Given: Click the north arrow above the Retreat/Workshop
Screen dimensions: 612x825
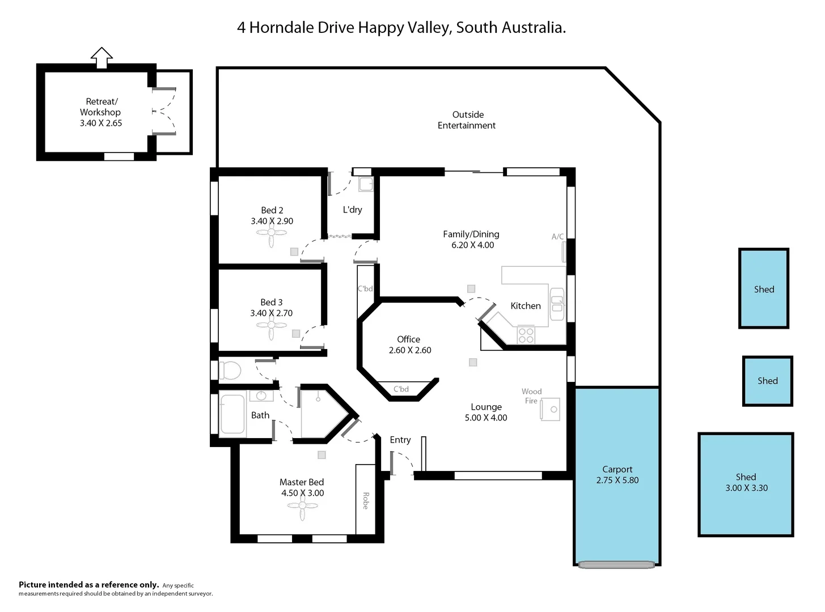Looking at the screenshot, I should pyautogui.click(x=101, y=58).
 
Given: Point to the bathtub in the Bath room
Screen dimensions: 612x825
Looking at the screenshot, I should pyautogui.click(x=232, y=414).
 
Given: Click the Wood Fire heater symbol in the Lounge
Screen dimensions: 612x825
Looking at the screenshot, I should pyautogui.click(x=550, y=409).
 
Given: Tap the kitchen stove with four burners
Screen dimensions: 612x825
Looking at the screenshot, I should pyautogui.click(x=526, y=335).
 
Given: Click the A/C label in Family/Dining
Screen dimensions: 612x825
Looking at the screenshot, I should pyautogui.click(x=557, y=237).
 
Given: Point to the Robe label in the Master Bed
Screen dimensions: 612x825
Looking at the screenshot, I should pyautogui.click(x=366, y=500).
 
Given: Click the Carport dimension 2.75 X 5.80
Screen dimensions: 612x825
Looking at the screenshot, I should pyautogui.click(x=617, y=480).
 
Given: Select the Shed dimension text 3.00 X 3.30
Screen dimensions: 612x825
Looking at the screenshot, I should pyautogui.click(x=746, y=488).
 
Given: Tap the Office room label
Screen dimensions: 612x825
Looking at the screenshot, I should pyautogui.click(x=408, y=339).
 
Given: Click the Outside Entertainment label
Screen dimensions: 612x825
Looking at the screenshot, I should pyautogui.click(x=467, y=120).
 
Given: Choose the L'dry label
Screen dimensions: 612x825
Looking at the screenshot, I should pyautogui.click(x=352, y=210).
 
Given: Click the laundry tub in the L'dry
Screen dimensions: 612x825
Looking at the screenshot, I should pyautogui.click(x=366, y=184).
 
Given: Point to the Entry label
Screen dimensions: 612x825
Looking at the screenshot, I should pyautogui.click(x=400, y=440).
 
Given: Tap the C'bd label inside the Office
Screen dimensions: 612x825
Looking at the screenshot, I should pyautogui.click(x=401, y=389).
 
